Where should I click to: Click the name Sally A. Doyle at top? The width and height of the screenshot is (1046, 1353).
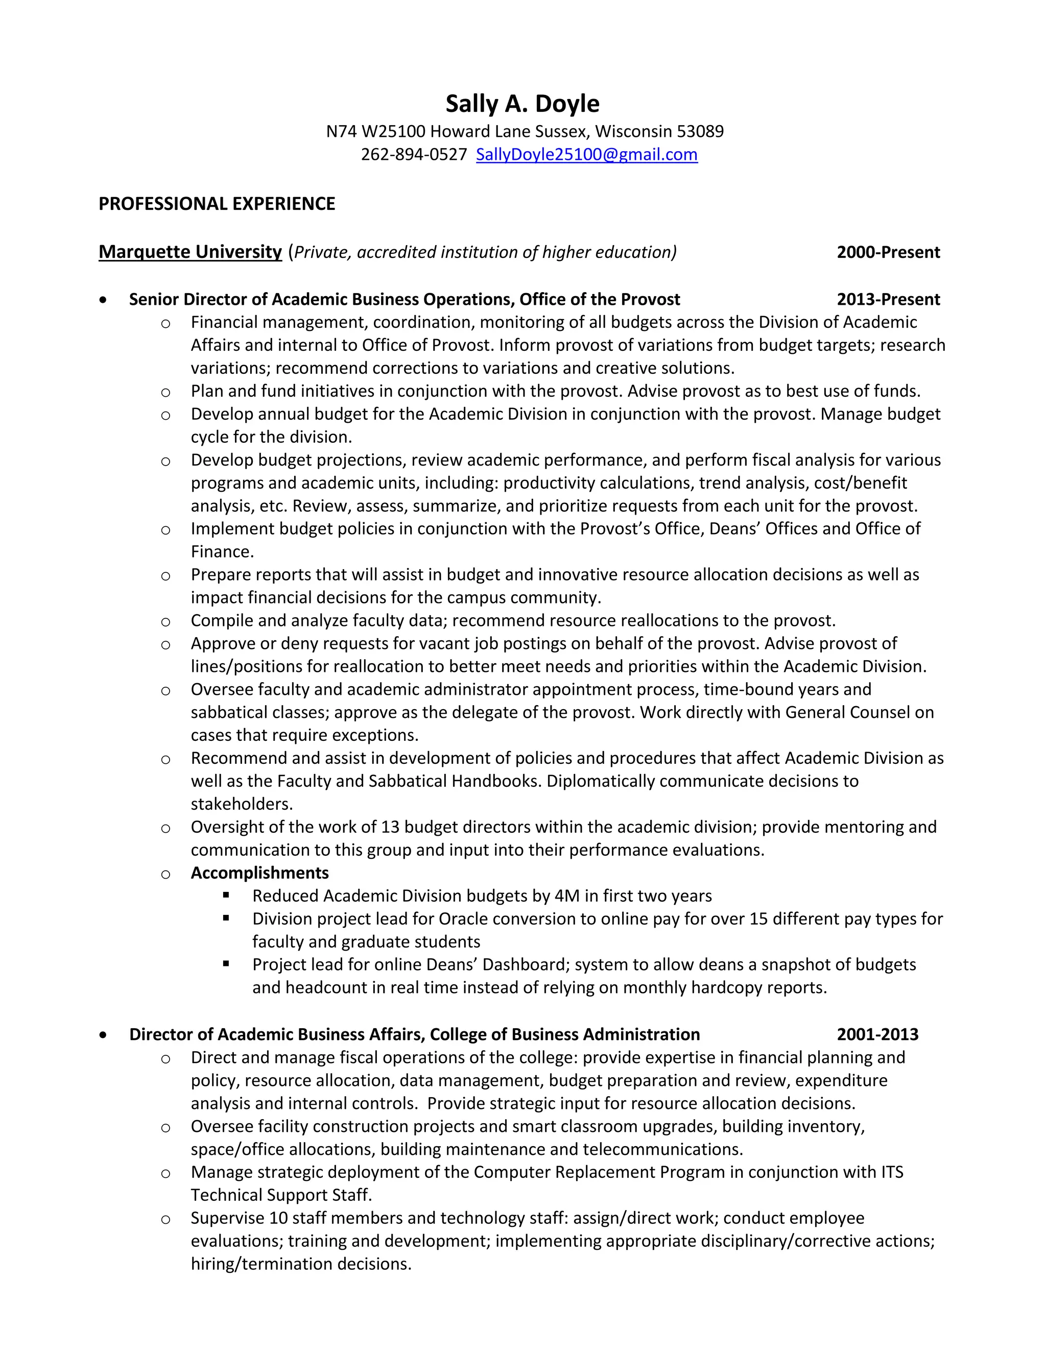coord(522,104)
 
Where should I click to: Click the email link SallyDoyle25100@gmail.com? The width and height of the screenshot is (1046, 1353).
coord(586,154)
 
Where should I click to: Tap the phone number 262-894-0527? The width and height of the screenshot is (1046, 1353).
coord(413,154)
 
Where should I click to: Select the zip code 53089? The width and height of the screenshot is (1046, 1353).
coord(700,131)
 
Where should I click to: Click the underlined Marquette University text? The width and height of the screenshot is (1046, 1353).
coord(190,252)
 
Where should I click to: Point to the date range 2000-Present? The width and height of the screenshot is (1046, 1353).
coord(888,252)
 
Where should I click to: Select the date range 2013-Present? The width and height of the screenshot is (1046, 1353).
coord(888,299)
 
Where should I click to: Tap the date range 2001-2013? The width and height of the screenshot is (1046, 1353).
coord(877,1034)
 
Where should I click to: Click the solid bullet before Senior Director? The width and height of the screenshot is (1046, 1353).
coord(103,300)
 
